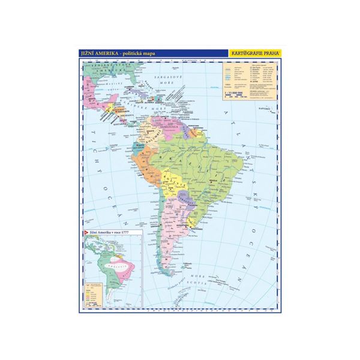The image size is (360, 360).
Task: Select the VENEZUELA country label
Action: pos(167,127)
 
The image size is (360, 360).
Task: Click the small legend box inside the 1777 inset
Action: pos(94,291)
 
